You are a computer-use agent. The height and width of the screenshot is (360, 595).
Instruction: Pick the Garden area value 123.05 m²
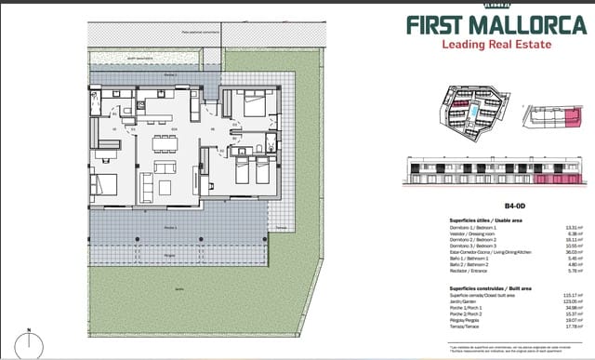click(573, 301)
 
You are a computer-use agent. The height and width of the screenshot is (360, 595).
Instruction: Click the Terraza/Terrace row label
click(437, 327)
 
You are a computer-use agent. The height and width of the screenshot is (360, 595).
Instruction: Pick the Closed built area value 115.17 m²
click(573, 295)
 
